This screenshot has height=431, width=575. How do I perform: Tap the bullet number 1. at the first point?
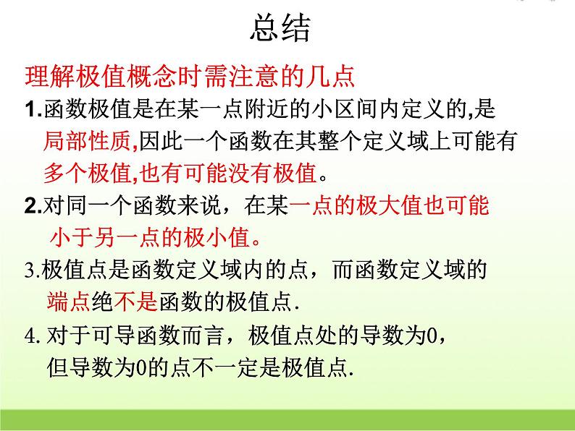pos(33,110)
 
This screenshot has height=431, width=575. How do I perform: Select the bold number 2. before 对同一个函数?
pos(34,207)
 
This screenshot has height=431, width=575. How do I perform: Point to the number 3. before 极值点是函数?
pos(33,271)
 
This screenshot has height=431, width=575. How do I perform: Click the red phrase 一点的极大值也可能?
pos(390,207)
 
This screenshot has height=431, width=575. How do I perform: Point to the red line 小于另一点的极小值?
pos(154,238)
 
